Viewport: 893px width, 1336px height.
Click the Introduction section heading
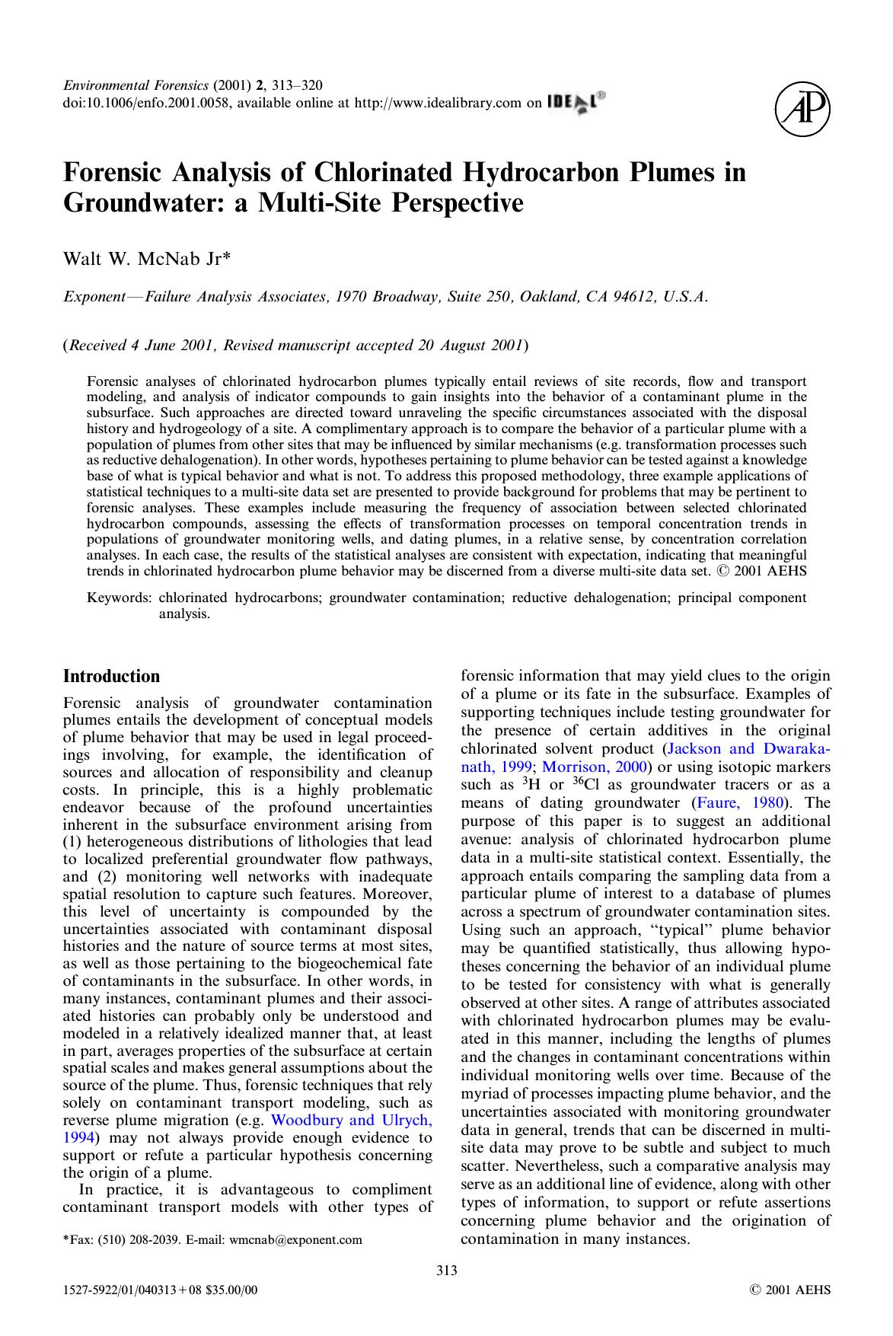[111, 676]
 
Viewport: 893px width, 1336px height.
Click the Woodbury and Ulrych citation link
[352, 1120]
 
